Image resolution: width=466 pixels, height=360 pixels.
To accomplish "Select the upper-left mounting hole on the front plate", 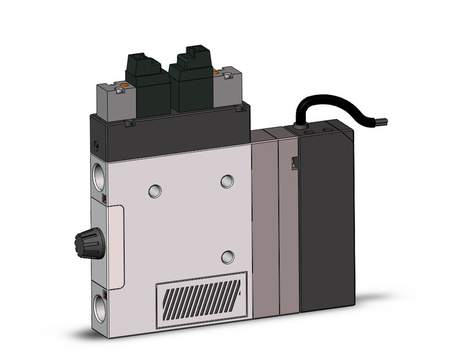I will [155, 191].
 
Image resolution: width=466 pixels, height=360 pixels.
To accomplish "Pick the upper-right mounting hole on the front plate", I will [227, 181].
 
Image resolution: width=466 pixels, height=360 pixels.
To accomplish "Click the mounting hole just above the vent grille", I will [228, 256].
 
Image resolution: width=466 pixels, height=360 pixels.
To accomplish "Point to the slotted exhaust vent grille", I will [202, 300].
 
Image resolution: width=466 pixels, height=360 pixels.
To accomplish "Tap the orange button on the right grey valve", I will [215, 74].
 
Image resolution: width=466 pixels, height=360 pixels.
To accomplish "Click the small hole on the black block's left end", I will [96, 145].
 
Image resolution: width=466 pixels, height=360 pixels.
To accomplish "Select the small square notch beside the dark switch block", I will [294, 163].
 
